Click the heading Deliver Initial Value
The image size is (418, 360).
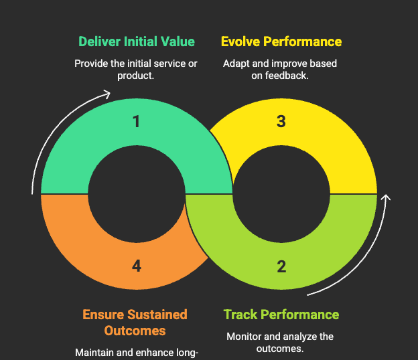(137, 41)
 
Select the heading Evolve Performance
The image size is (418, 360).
(281, 41)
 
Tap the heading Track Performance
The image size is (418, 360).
(281, 314)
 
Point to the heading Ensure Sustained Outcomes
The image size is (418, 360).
(135, 323)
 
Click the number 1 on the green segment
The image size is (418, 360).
(137, 122)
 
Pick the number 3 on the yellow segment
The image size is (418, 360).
(281, 122)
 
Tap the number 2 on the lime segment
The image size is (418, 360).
(281, 266)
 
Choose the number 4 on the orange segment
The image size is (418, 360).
(137, 266)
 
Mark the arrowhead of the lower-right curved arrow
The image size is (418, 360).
(386, 198)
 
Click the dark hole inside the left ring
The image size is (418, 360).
(137, 194)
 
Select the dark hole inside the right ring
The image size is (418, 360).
(281, 194)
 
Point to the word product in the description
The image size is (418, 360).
(135, 76)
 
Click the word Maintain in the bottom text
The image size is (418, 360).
(94, 353)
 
